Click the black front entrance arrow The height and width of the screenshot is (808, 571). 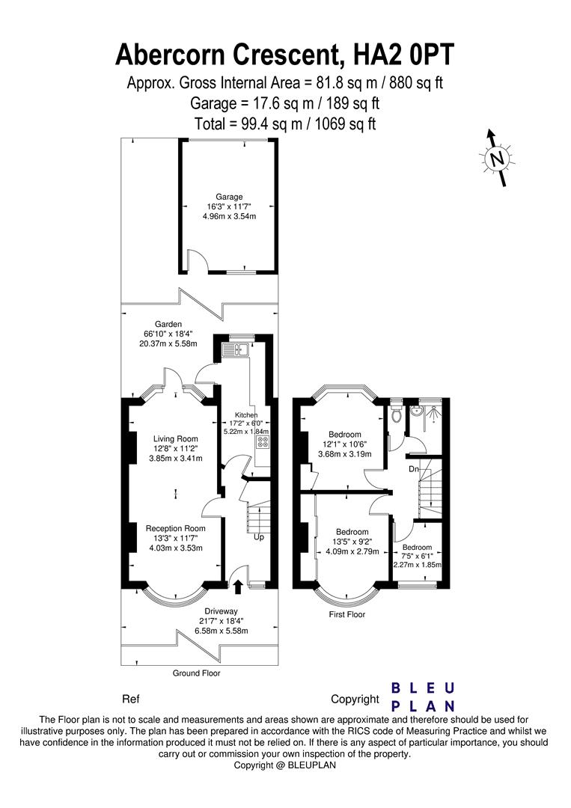click(239, 586)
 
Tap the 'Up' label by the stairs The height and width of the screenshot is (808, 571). click(260, 537)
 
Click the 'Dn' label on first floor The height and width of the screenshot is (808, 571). click(412, 470)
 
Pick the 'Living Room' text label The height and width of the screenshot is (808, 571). click(175, 438)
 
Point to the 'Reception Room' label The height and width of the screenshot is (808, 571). click(175, 528)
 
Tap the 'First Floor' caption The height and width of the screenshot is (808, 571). click(347, 614)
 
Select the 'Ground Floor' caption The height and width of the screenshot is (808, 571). click(196, 673)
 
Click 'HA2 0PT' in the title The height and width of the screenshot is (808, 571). click(400, 55)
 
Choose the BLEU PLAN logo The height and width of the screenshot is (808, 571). click(424, 697)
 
